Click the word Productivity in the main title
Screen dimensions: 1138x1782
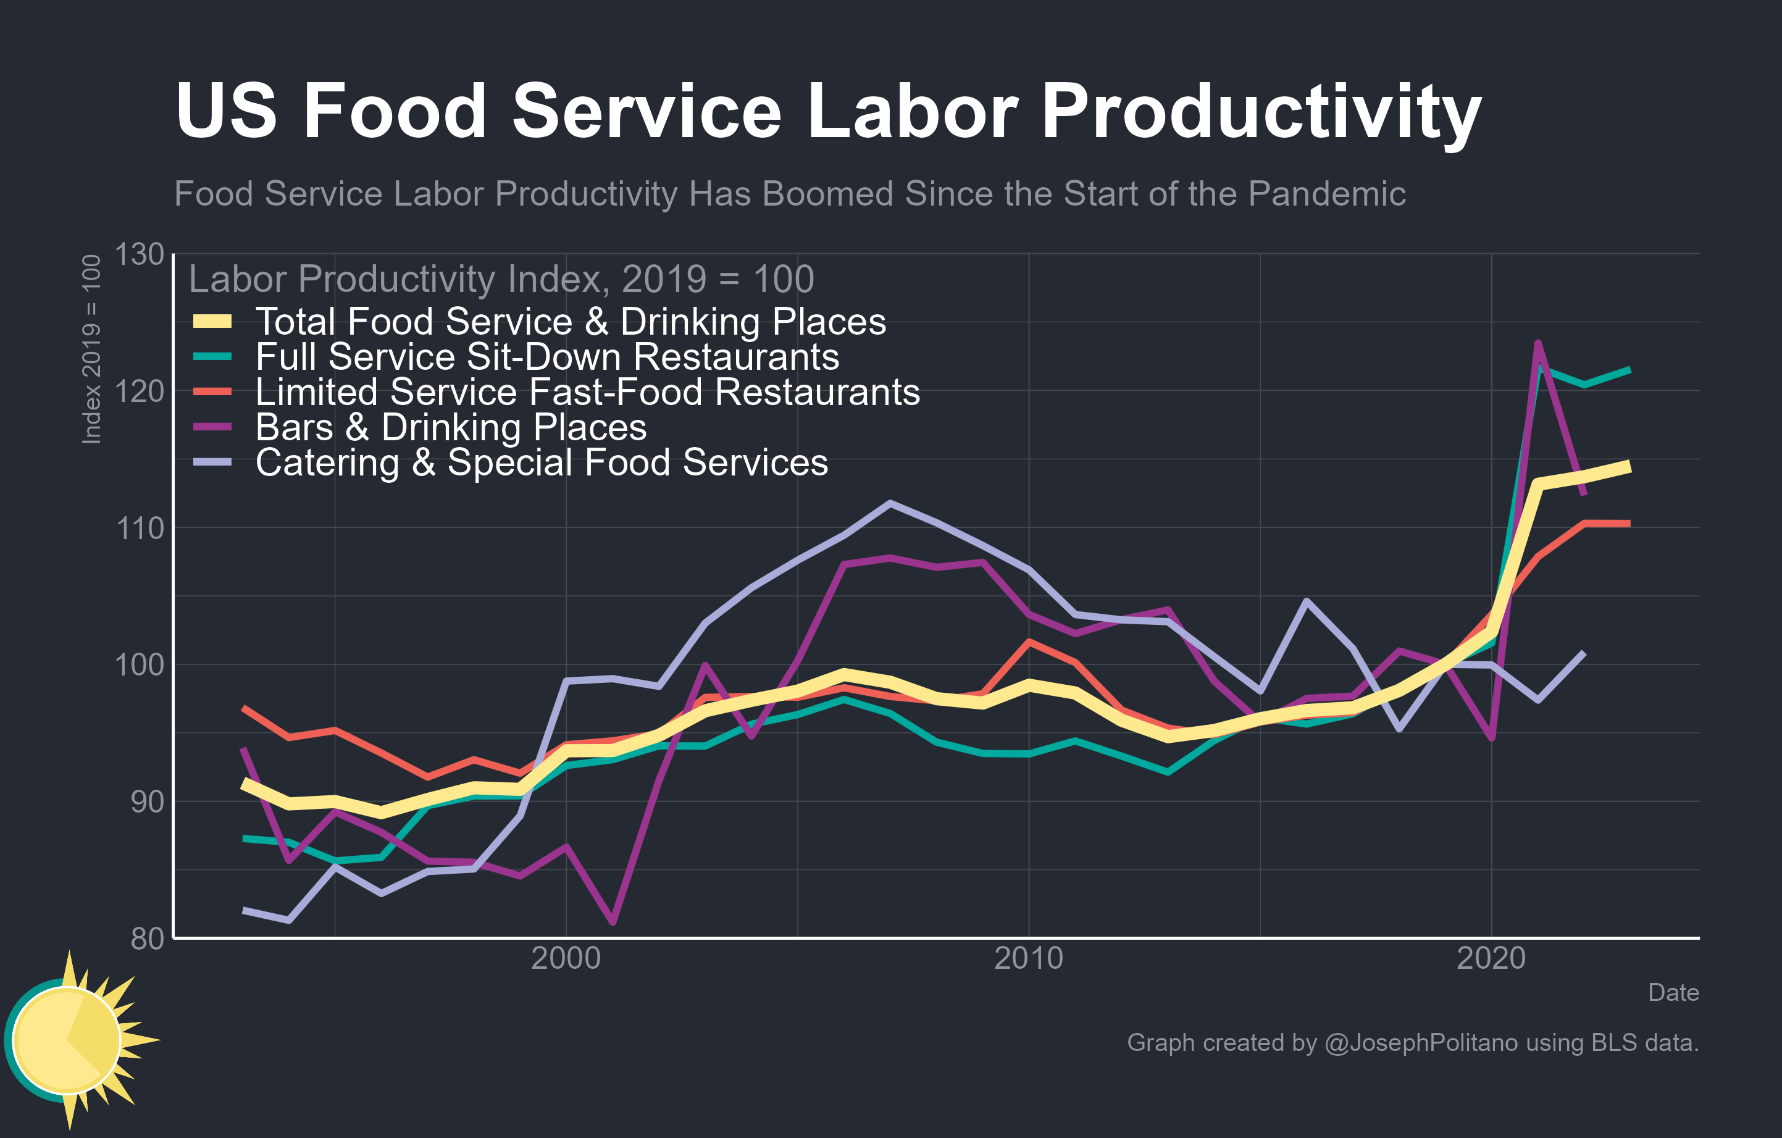(1260, 112)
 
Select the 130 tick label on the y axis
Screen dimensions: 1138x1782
(139, 254)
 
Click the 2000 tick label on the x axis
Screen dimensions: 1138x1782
(566, 959)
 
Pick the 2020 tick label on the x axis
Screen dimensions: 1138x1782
(1491, 959)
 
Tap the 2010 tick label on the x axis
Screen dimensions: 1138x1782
(1028, 959)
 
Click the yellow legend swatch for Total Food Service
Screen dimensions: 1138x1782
(212, 321)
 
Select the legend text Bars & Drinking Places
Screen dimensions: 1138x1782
(451, 428)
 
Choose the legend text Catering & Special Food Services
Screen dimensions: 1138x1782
(541, 462)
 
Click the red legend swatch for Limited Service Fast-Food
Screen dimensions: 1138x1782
(212, 391)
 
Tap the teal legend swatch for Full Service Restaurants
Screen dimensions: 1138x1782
(212, 357)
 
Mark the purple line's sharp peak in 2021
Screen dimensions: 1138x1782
(1537, 343)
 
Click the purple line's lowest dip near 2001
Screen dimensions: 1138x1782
(613, 922)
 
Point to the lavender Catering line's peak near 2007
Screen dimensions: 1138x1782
(890, 503)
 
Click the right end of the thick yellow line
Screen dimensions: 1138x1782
(1629, 466)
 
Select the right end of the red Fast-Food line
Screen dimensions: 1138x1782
(1628, 524)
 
